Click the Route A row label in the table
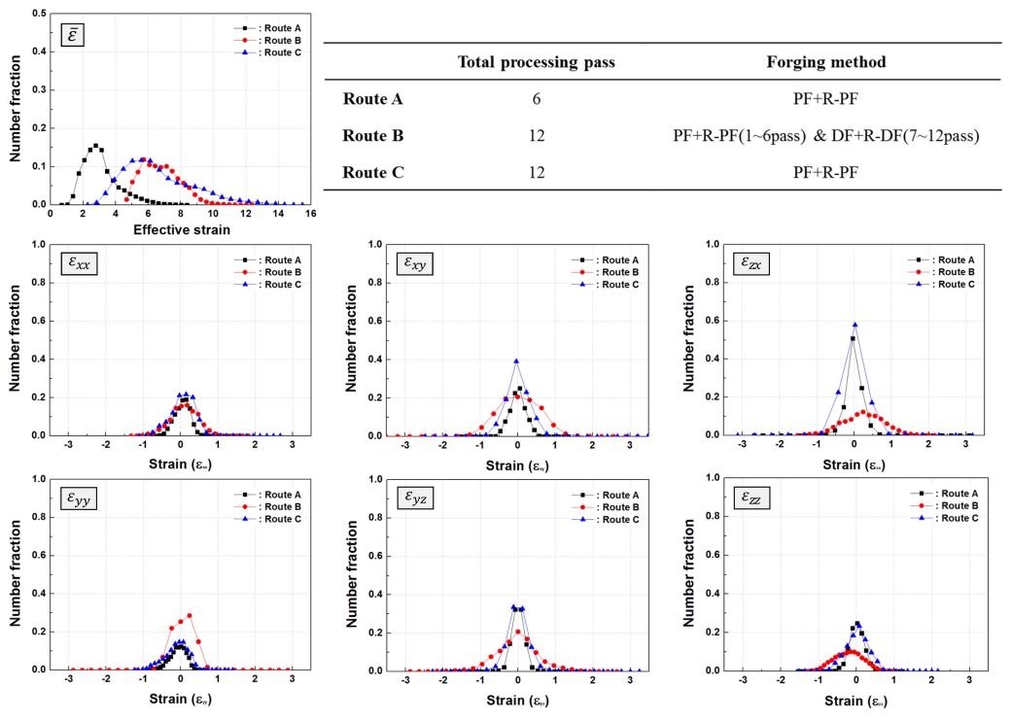374,99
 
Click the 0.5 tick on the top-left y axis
37,14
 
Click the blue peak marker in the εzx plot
854,325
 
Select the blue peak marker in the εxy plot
517,360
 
